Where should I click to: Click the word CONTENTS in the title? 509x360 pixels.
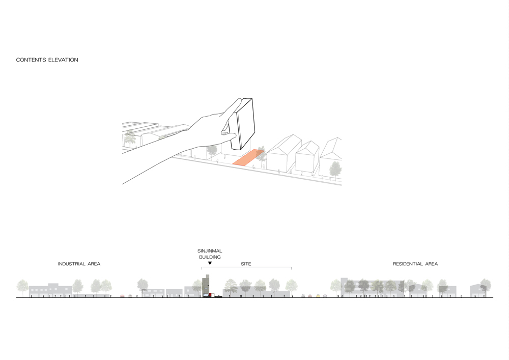[31, 60]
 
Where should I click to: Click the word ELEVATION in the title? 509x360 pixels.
[63, 60]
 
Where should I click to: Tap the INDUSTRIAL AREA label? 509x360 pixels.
[79, 264]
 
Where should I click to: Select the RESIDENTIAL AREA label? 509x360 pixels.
[415, 264]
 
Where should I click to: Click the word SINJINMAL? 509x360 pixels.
[210, 251]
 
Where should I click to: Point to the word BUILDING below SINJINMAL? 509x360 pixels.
[210, 257]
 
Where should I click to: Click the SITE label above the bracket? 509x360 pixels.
[246, 264]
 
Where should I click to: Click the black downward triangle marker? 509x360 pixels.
[210, 263]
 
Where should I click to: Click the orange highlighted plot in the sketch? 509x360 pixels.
[248, 158]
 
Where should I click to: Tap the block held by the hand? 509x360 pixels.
[241, 124]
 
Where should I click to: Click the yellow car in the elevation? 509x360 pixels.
[318, 296]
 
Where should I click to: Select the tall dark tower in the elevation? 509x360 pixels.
[206, 286]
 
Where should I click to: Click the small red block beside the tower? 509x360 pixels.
[211, 294]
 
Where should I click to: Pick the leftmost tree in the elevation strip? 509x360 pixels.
[22, 287]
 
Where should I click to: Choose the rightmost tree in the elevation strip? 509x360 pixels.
[486, 286]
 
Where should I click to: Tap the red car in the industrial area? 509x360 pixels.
[122, 296]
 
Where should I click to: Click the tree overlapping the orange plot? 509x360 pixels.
[261, 156]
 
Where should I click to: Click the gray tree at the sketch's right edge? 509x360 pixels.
[335, 170]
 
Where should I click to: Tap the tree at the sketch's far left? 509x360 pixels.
[130, 137]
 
